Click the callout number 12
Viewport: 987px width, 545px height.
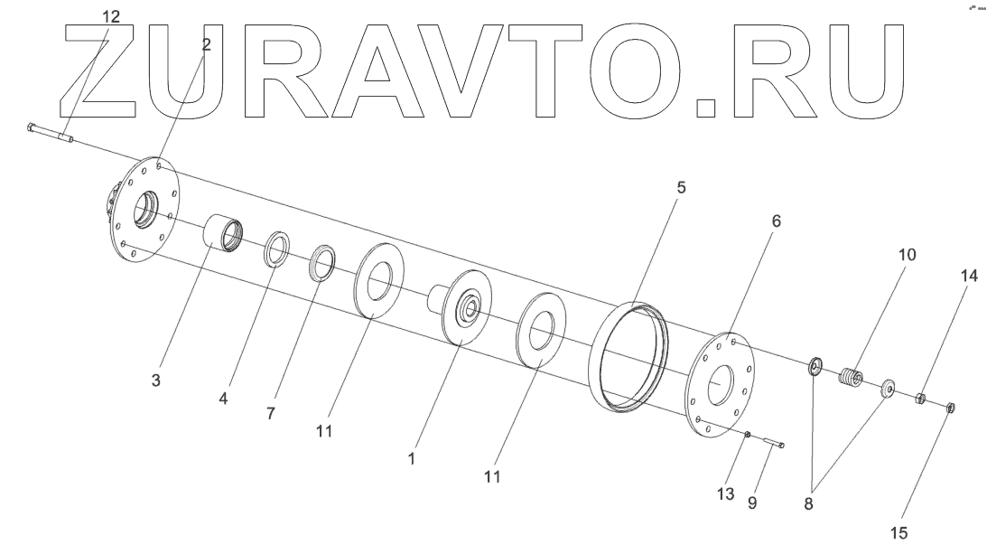[109, 17]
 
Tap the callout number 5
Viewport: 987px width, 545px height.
[682, 188]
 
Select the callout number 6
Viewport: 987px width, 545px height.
[777, 221]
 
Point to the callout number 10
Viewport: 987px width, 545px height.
[906, 255]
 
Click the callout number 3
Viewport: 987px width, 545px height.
[156, 381]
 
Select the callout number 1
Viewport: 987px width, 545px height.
[412, 459]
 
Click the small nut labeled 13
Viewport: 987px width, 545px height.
[749, 435]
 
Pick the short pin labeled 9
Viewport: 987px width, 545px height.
[772, 442]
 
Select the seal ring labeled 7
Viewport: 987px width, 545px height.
[322, 262]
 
